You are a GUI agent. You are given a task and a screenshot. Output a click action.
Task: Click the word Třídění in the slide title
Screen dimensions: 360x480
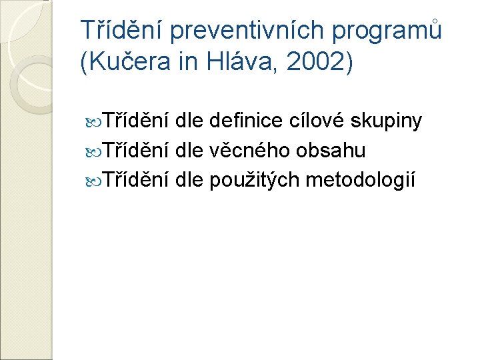point(121,30)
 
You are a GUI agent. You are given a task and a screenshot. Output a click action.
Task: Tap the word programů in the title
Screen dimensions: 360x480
point(394,30)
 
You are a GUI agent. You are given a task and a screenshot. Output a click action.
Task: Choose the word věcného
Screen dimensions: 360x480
point(245,151)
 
